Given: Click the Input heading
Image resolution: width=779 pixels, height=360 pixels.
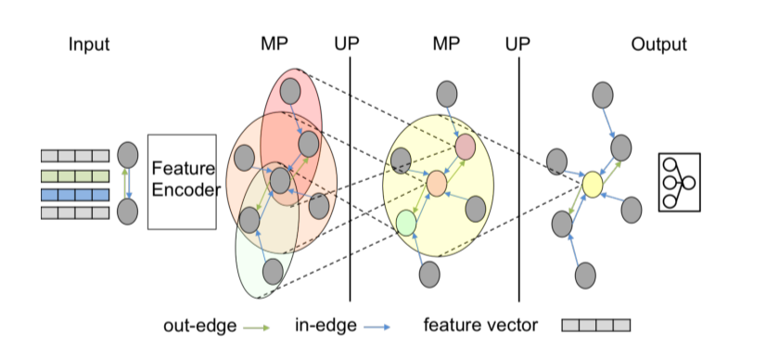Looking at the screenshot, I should tap(88, 44).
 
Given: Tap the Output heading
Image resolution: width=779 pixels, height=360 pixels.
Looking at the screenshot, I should tap(658, 44).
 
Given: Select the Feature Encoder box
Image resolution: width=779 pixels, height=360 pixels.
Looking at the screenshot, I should tap(182, 181).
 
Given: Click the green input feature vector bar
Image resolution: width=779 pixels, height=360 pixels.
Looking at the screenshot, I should tap(75, 175).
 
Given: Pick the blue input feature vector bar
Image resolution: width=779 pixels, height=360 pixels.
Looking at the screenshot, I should tap(75, 194).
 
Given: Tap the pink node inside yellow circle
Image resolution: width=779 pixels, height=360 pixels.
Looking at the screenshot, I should tap(465, 147).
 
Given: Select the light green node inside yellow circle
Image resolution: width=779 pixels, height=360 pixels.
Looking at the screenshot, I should tap(405, 222).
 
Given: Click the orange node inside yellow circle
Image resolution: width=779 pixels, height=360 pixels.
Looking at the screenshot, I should tap(437, 184).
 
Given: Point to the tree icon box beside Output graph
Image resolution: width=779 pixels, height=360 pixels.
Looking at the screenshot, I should tap(680, 183).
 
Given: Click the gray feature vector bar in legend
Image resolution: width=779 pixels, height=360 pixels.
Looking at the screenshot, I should tap(596, 326).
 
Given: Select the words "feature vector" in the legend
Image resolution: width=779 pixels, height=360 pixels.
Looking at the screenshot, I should tap(478, 326).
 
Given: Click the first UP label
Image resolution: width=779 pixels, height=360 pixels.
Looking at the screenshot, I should tap(350, 44).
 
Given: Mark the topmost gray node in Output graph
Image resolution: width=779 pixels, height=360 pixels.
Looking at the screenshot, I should tap(603, 93).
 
